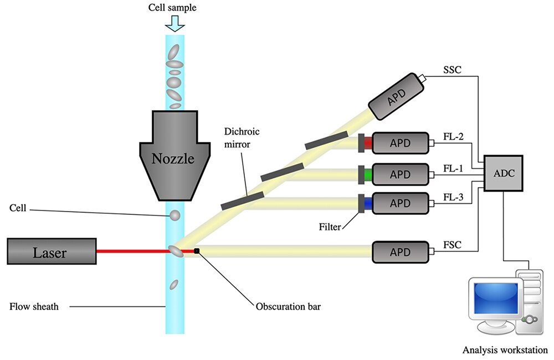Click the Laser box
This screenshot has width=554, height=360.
[x=52, y=251]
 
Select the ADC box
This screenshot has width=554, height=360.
[x=503, y=173]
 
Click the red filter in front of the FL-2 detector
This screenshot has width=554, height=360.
[x=368, y=143]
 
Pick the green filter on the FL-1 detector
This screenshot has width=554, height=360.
[x=368, y=174]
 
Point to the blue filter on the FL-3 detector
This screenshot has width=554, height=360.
[x=368, y=203]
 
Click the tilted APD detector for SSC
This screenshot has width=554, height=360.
[x=397, y=96]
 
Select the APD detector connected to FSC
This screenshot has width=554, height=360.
[x=401, y=252]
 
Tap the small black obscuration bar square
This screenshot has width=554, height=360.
[x=197, y=251]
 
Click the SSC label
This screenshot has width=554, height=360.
[x=452, y=70]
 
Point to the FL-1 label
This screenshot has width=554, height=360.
[x=453, y=168]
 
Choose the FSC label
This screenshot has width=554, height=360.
[x=452, y=245]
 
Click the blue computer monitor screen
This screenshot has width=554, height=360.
[x=496, y=299]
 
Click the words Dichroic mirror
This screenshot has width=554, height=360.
[x=242, y=138]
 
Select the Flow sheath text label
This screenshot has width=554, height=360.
[x=34, y=306]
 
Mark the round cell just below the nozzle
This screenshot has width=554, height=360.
[x=175, y=215]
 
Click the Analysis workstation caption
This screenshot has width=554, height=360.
[x=505, y=350]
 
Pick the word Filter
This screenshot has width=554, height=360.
[x=330, y=227]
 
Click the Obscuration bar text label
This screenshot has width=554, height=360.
[x=288, y=306]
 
